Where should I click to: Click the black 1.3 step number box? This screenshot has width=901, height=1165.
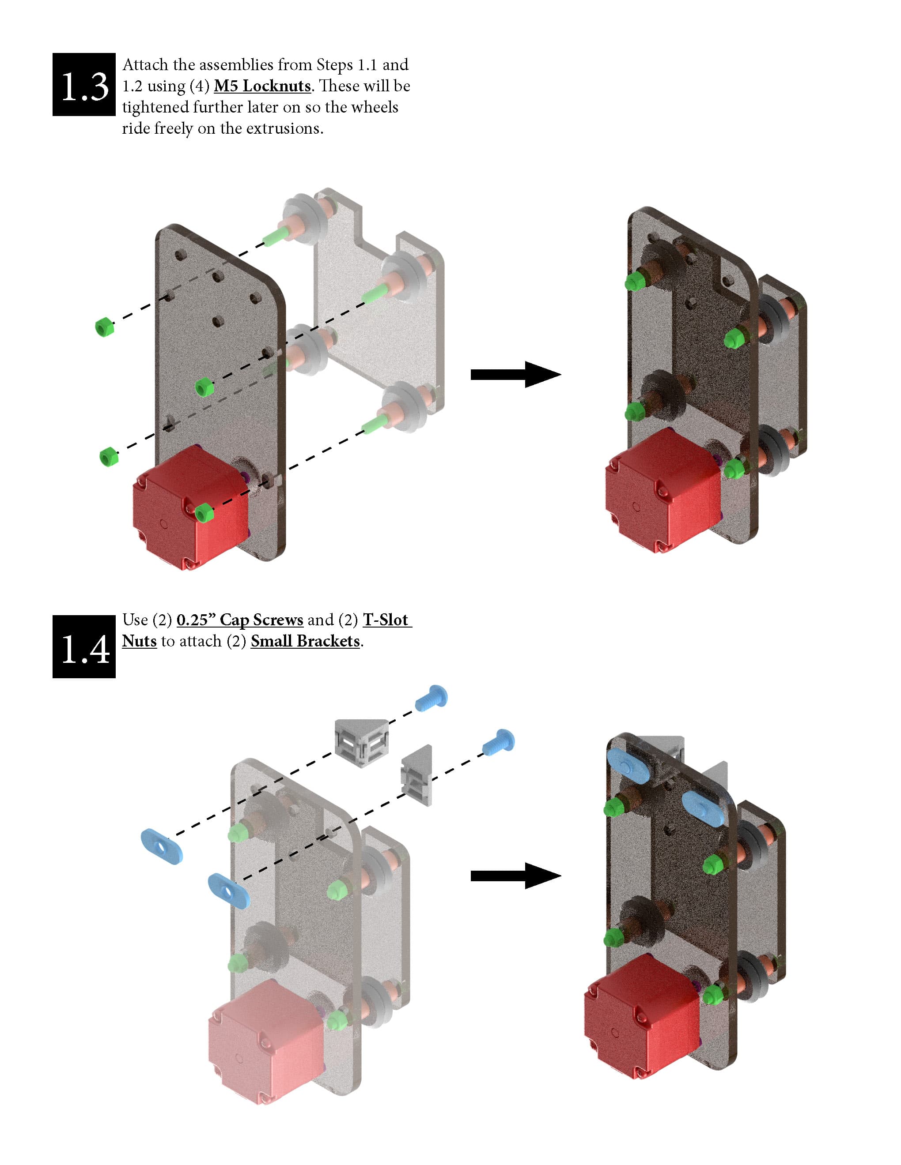pyautogui.click(x=84, y=84)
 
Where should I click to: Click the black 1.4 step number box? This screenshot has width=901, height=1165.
pyautogui.click(x=84, y=646)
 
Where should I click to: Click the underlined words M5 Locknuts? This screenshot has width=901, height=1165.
pyautogui.click(x=262, y=86)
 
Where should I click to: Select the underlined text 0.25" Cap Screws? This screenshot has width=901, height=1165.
pyautogui.click(x=240, y=620)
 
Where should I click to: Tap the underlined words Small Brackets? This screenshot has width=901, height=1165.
pyautogui.click(x=305, y=641)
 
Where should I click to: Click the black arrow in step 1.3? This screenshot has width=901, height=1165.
pyautogui.click(x=515, y=375)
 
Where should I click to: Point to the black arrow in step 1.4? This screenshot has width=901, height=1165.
pyautogui.click(x=515, y=876)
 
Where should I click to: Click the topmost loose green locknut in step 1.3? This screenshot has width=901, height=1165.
pyautogui.click(x=105, y=327)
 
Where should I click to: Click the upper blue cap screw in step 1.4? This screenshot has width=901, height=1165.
pyautogui.click(x=431, y=698)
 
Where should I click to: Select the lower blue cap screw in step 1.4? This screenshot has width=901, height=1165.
pyautogui.click(x=499, y=741)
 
